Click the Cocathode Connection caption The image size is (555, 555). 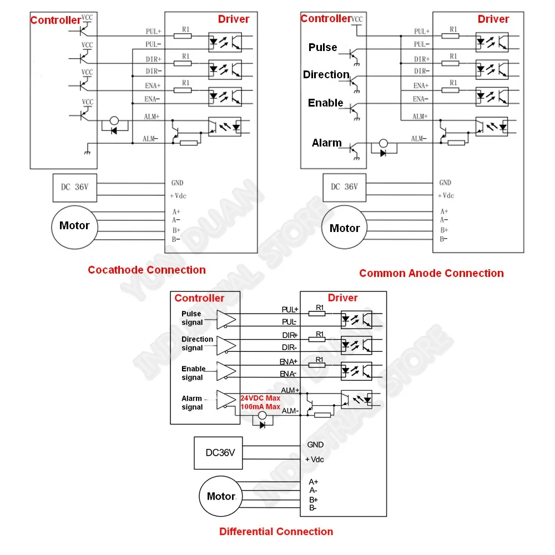tap(147, 270)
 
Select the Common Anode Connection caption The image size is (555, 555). tap(431, 273)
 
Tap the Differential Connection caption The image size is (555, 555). tap(276, 532)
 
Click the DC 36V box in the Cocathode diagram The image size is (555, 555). tap(74, 187)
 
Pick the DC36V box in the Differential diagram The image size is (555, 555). tap(220, 452)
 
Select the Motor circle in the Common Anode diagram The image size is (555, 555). tap(345, 228)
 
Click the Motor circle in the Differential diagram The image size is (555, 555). tap(221, 496)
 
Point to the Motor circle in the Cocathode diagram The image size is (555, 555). tap(74, 225)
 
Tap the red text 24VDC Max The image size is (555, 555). tap(260, 398)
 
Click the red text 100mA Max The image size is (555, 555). tap(260, 407)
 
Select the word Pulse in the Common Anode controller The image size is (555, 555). tap(323, 48)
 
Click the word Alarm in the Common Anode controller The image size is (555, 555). tap(327, 143)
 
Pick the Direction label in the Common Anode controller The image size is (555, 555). tap(326, 74)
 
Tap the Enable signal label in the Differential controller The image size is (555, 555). tap(193, 373)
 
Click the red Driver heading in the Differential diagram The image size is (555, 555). tap(342, 298)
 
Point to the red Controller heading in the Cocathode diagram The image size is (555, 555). tap(56, 20)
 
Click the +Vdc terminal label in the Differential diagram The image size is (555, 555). tap(314, 460)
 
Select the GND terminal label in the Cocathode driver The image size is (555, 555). tap(177, 183)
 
